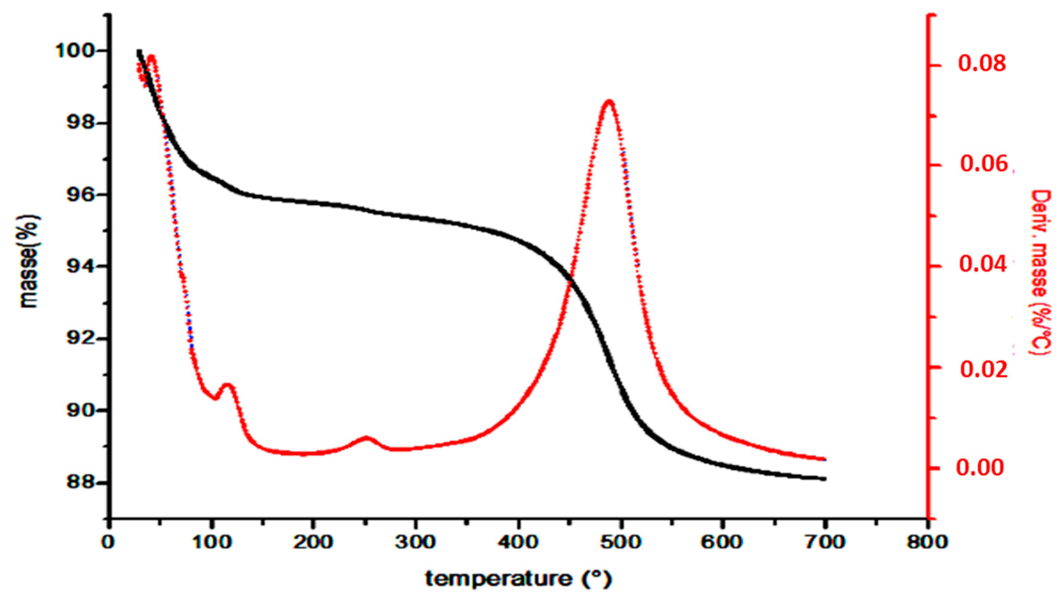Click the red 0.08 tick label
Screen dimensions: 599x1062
coord(982,65)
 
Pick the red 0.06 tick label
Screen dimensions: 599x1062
coord(984,164)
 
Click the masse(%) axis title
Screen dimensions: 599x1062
coord(30,261)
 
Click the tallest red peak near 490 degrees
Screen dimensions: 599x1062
coord(609,101)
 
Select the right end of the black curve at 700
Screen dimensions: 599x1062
coord(824,479)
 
